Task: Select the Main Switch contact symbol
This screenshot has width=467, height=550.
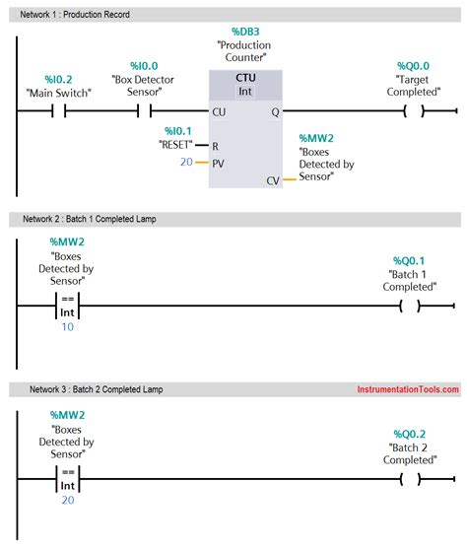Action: point(58,111)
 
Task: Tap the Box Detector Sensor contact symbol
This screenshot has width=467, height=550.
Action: point(142,111)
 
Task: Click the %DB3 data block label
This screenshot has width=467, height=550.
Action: point(244,31)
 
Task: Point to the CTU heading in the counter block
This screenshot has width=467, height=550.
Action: point(244,78)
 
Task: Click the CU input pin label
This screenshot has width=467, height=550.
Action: point(218,112)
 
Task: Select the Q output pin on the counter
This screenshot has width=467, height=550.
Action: point(275,112)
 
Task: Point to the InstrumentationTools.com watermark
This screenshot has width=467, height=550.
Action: point(407,389)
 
